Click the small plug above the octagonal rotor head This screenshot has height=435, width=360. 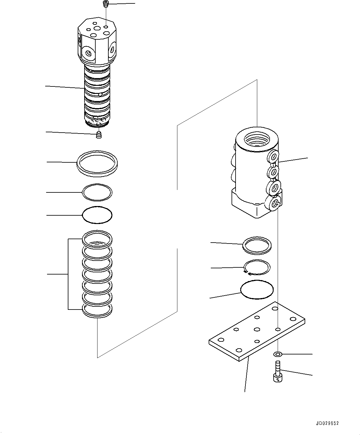[x=106, y=4]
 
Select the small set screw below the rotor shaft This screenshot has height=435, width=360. [x=99, y=135]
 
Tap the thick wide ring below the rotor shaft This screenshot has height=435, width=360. [x=97, y=164]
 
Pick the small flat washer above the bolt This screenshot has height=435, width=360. [x=277, y=354]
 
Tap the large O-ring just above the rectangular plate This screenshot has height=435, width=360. [x=257, y=290]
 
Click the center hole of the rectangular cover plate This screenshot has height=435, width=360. [x=256, y=329]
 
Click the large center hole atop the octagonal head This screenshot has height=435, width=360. [x=99, y=29]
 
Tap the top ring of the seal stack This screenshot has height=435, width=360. [x=97, y=239]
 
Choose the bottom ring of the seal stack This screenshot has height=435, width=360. [x=97, y=310]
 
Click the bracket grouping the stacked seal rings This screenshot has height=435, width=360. [x=68, y=274]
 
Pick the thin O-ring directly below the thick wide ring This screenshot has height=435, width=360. [x=97, y=193]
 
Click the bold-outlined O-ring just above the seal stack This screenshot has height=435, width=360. [x=97, y=215]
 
